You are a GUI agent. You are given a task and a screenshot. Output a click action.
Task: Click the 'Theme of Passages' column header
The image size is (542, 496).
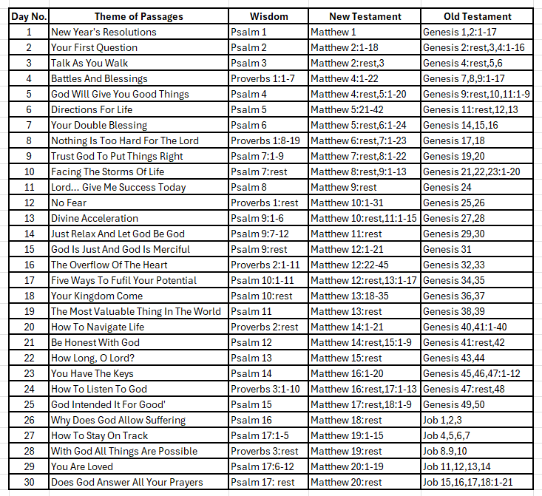coord(138,16)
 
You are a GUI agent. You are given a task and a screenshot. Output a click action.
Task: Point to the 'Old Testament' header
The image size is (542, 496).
coord(477,16)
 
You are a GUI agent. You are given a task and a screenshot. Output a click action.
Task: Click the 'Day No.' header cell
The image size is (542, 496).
coord(28,16)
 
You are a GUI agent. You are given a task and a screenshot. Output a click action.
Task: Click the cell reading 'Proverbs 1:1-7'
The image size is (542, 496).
coord(262,78)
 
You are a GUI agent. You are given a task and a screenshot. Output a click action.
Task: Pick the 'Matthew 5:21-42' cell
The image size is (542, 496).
coord(347,109)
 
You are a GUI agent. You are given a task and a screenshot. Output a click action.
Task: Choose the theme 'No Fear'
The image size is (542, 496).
coord(69,203)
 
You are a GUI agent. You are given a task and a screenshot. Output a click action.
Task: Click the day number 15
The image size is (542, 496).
coord(29,249)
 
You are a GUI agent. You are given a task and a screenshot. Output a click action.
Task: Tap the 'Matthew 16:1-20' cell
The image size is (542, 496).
coord(346,373)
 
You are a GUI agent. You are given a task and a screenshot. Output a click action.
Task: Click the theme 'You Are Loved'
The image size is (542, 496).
coord(82,466)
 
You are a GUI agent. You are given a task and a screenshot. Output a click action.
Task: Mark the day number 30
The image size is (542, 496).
coord(29,482)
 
